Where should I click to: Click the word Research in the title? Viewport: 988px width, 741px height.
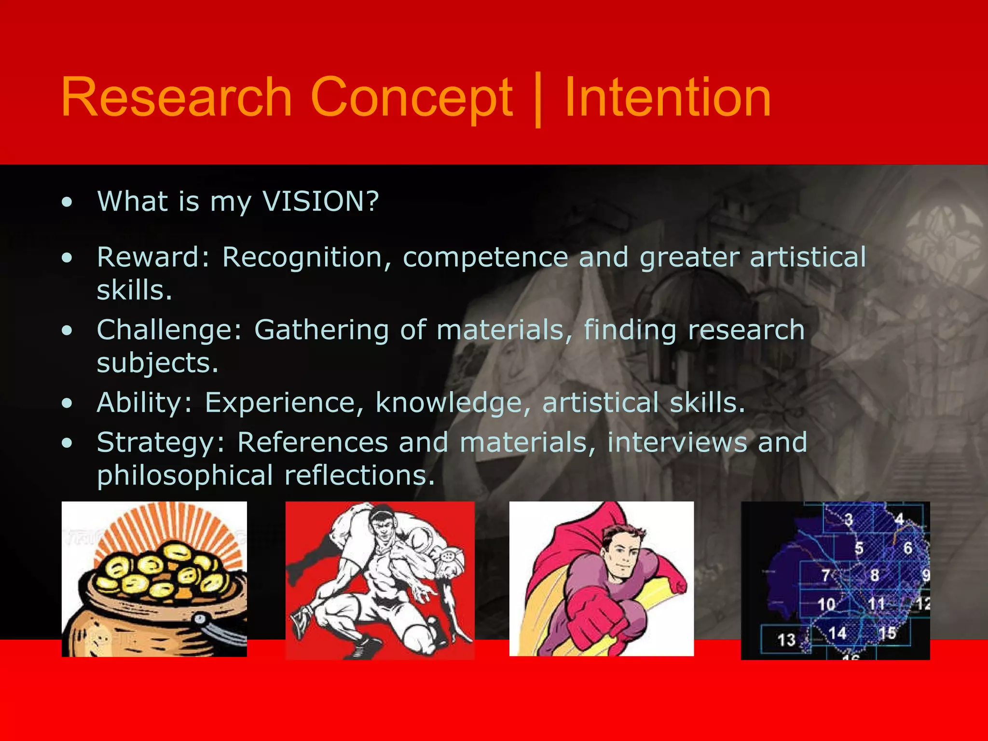177,97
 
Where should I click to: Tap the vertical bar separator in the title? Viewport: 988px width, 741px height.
538,100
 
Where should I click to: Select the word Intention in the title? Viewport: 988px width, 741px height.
668,97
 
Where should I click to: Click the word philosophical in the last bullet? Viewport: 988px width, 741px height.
185,476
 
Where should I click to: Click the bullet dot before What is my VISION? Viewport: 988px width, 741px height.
67,202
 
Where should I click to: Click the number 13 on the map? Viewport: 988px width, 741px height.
786,640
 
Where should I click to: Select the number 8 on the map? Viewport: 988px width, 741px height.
874,575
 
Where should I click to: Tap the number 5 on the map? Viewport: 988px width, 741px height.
859,549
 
